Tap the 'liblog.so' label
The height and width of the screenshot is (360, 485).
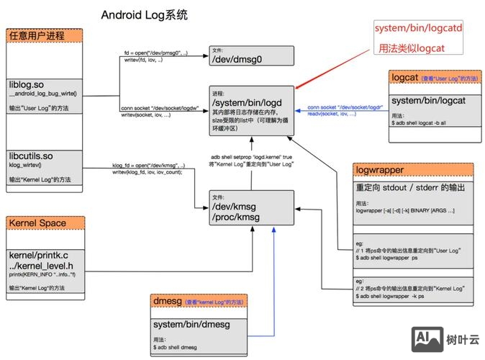tap(27, 84)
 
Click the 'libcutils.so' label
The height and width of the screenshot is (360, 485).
tap(32, 156)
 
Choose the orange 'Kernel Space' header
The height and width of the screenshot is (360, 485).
tap(37, 223)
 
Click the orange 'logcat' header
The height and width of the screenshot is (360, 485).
tap(405, 77)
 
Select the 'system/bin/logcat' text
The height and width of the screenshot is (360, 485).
tap(430, 101)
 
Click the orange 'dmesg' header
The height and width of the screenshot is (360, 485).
tap(168, 300)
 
